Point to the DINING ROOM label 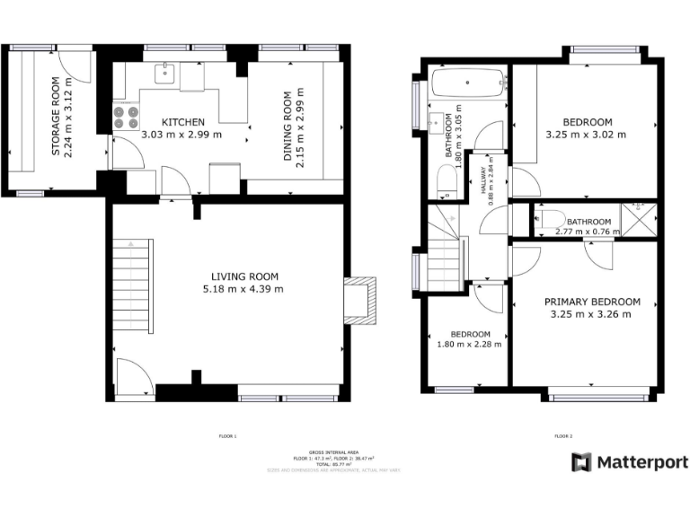pos(288,126)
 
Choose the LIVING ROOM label pos(244,276)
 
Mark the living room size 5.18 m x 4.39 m pos(244,289)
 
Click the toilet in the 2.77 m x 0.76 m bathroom pos(550,217)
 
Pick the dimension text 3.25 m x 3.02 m pos(586,135)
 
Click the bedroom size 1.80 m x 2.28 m pos(470,344)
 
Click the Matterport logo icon pos(581,461)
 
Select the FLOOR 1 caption pos(227,436)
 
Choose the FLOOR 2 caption pos(563,436)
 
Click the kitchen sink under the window pos(166,73)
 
